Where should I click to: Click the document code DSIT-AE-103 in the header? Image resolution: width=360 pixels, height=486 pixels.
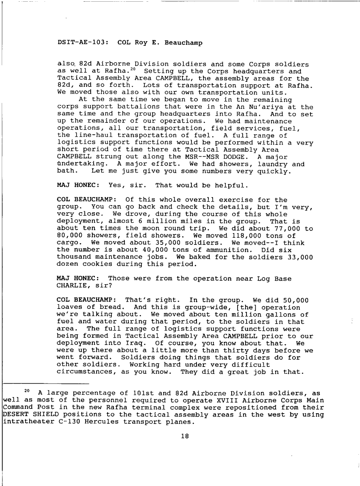point(78,43)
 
